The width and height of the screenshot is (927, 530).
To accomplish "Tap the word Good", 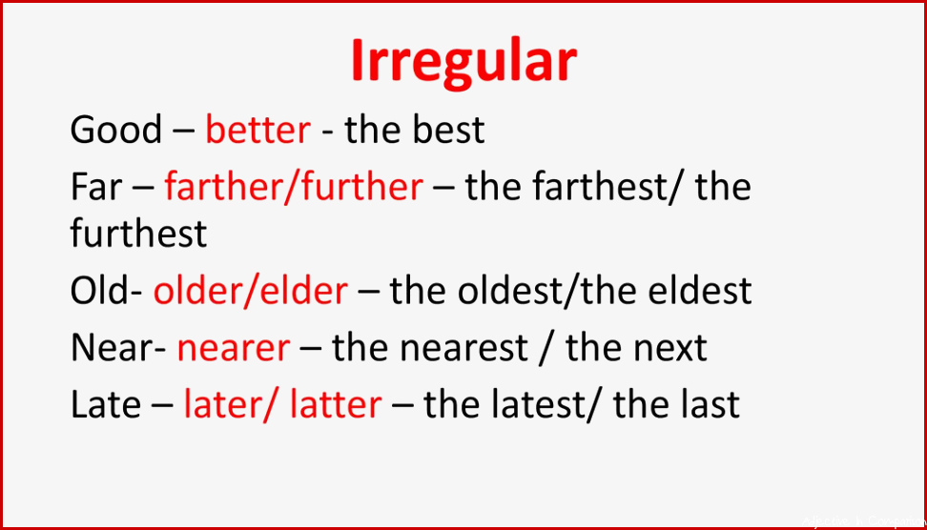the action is pyautogui.click(x=116, y=130).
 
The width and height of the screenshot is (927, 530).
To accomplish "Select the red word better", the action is pyautogui.click(x=257, y=130).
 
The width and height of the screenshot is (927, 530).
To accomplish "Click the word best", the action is pyautogui.click(x=449, y=130).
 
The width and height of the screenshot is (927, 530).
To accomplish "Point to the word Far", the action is pyautogui.click(x=96, y=187).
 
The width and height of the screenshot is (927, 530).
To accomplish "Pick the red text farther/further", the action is pyautogui.click(x=294, y=186).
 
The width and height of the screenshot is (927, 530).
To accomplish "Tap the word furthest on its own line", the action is pyautogui.click(x=139, y=233).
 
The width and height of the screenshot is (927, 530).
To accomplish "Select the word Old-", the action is pyautogui.click(x=107, y=290).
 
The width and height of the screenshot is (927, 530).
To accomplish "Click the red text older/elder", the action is pyautogui.click(x=251, y=290).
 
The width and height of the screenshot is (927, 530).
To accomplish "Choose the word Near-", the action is pyautogui.click(x=118, y=347).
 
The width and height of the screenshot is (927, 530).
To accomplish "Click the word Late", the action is pyautogui.click(x=106, y=405).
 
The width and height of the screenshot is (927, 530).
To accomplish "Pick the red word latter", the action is pyautogui.click(x=336, y=405).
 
